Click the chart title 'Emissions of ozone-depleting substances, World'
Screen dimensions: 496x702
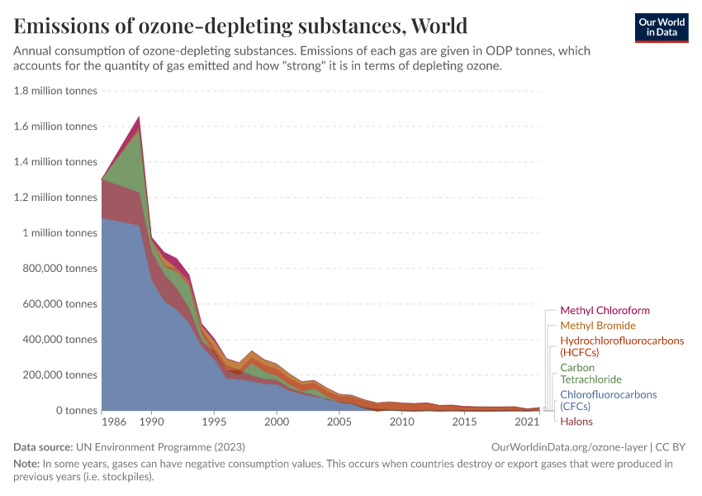(x=240, y=26)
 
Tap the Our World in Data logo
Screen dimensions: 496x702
(x=661, y=27)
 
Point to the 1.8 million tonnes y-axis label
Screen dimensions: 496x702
(x=55, y=91)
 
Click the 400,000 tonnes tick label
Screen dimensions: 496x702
(x=55, y=340)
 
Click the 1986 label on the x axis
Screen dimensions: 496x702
(x=114, y=422)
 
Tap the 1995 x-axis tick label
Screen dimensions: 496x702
(x=214, y=422)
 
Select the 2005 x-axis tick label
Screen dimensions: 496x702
(x=339, y=422)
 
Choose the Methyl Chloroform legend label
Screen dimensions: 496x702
(x=605, y=311)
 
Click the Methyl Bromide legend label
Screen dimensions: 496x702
(x=598, y=326)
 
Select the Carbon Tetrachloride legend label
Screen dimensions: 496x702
(x=589, y=374)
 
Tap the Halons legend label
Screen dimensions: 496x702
(x=576, y=422)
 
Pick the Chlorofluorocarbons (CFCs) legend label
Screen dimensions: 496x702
(x=608, y=400)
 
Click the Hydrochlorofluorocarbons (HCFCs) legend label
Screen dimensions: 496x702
(x=622, y=346)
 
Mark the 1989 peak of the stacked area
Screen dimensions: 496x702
(x=139, y=117)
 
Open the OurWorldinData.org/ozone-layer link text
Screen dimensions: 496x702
(x=567, y=447)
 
